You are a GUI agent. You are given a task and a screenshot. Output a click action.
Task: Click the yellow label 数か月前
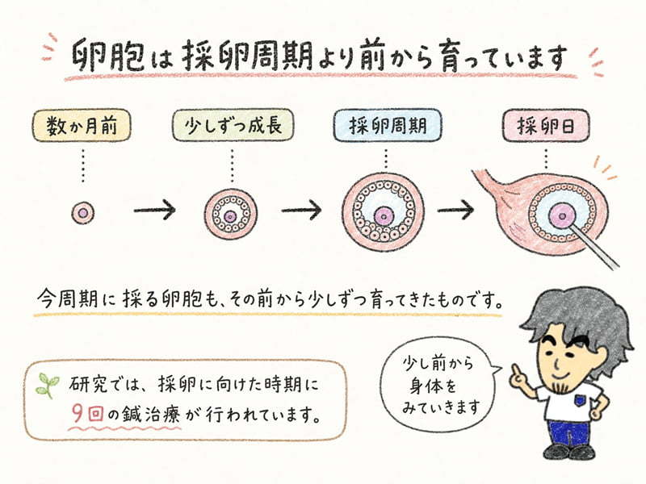coord(82,126)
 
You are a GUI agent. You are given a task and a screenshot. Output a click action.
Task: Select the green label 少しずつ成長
coord(233,125)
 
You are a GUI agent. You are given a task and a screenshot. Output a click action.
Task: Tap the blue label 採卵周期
coord(388,125)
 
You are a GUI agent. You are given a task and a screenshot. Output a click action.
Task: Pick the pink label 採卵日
coord(546,125)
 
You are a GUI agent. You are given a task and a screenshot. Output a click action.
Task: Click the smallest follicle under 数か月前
coord(83,213)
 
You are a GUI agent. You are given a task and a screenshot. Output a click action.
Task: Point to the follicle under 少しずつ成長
coord(231,215)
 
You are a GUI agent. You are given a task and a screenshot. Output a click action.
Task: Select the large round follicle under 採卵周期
coord(383,212)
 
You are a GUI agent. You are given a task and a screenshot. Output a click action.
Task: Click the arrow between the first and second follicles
coord(155,210)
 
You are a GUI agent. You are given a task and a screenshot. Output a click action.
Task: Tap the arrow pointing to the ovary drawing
coord(455,210)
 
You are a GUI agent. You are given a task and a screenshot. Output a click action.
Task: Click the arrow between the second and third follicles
coord(301,210)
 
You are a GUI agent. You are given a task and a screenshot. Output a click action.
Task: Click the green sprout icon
coord(48,386)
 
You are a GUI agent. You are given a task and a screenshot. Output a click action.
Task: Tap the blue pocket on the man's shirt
coord(581,399)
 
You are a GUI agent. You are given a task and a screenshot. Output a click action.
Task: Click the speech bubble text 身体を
coord(433,386)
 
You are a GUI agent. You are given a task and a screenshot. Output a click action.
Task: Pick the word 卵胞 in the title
coord(108,56)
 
